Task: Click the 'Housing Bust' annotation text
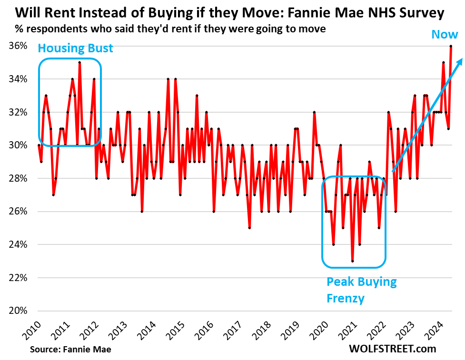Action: click(x=75, y=48)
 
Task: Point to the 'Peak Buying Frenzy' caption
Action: click(x=361, y=290)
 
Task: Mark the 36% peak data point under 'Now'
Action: click(x=451, y=46)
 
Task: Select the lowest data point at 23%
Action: click(x=352, y=261)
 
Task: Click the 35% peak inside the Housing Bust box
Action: click(x=79, y=62)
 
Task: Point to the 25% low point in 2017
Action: click(x=249, y=228)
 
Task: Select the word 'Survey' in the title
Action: click(x=418, y=13)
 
